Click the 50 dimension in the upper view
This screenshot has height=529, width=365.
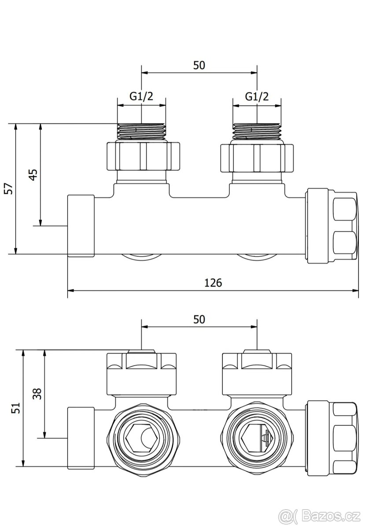pos(199,65)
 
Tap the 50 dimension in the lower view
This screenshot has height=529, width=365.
pos(199,319)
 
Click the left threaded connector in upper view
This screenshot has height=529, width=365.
pos(141,131)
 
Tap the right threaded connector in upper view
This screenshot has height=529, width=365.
pos(257,131)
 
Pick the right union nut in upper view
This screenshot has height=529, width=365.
pos(257,156)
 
